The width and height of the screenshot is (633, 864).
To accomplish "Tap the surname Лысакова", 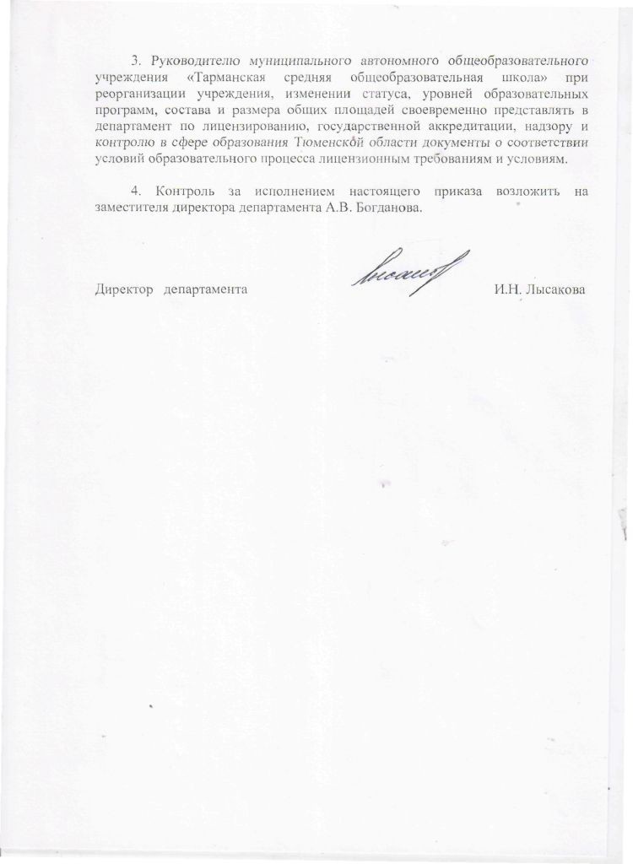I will click(554, 289).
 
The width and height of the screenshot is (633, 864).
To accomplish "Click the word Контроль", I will click(176, 192).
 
